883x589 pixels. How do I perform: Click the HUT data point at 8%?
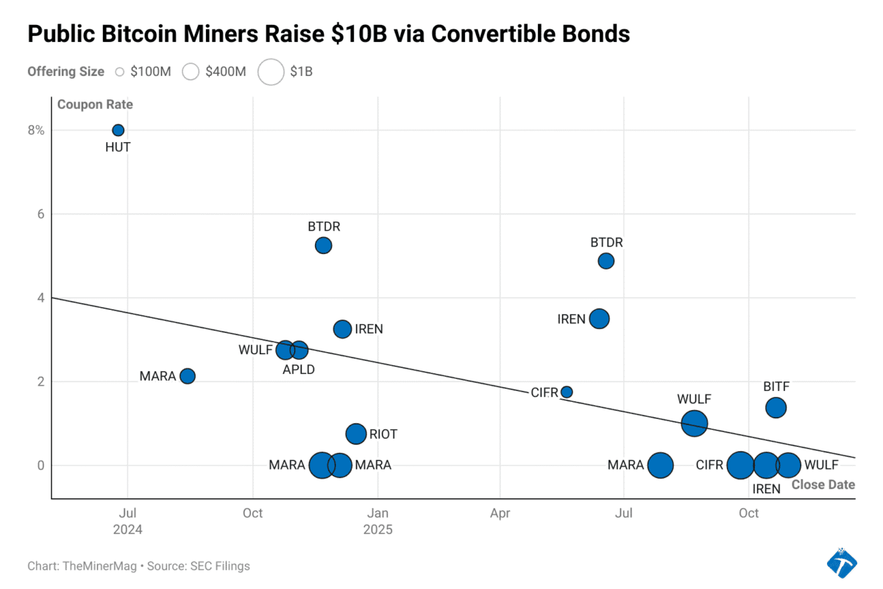pyautogui.click(x=118, y=130)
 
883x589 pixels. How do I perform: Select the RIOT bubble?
pyautogui.click(x=356, y=434)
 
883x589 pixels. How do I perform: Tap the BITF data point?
pyautogui.click(x=776, y=407)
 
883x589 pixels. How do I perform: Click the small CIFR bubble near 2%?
pyautogui.click(x=567, y=392)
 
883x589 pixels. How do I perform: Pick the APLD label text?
pyautogui.click(x=299, y=370)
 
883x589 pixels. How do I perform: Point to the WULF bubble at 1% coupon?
pyautogui.click(x=694, y=423)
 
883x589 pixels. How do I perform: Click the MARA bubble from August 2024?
pyautogui.click(x=188, y=376)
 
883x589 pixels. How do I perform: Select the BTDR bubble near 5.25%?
pyautogui.click(x=323, y=245)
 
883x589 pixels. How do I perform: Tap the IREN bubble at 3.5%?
pyautogui.click(x=600, y=319)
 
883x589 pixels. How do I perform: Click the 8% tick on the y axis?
pyautogui.click(x=37, y=130)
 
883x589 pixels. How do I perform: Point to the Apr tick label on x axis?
pyautogui.click(x=500, y=513)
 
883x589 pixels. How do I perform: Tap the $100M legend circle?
pyautogui.click(x=120, y=71)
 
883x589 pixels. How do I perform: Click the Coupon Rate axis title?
pyautogui.click(x=95, y=105)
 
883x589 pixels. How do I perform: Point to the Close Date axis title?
pyautogui.click(x=823, y=484)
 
